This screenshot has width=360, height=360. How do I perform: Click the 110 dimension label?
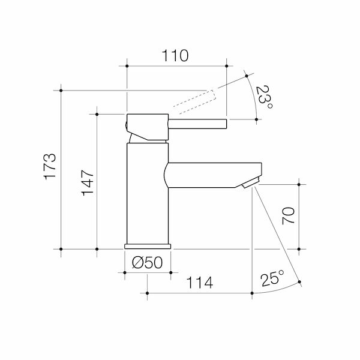point(175,56)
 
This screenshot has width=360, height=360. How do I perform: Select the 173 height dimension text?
point(50,167)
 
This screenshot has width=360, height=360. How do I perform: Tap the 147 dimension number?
point(88,183)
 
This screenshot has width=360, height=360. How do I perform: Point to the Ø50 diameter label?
point(148,262)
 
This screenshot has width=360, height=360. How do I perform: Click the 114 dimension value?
point(200,283)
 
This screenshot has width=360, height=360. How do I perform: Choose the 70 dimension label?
point(288,216)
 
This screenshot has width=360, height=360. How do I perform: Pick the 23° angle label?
point(264,97)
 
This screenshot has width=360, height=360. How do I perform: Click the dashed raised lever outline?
point(194,102)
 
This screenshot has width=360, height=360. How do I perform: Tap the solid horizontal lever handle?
point(197,124)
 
